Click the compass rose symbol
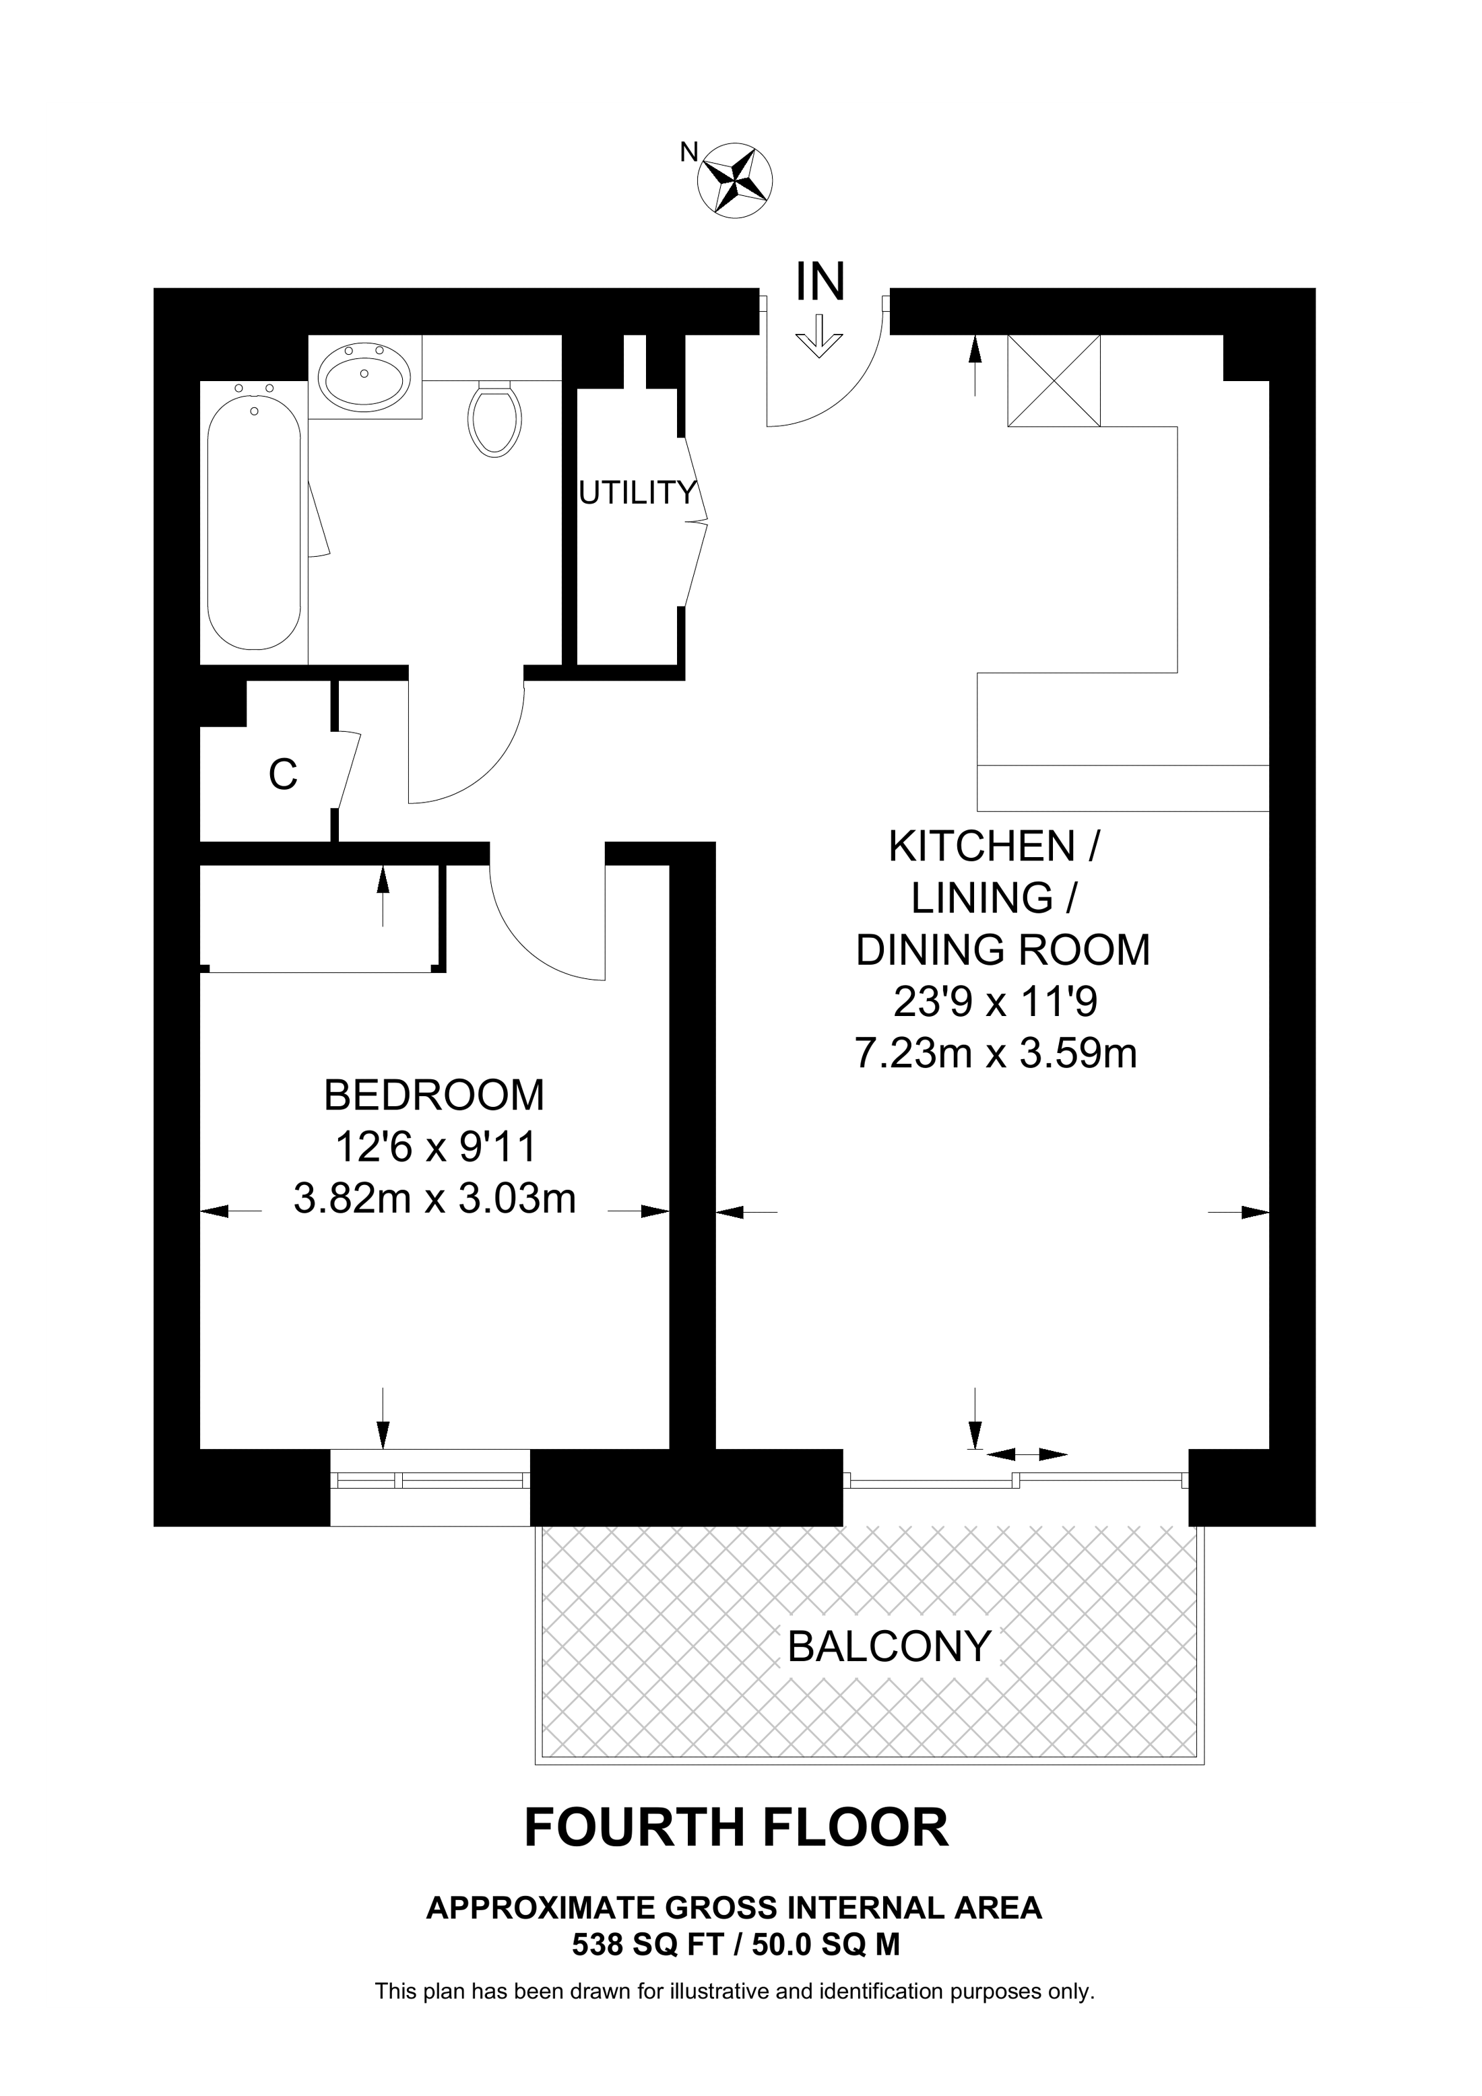coord(735,180)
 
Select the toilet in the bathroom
coord(494,418)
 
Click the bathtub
coord(254,516)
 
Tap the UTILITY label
coord(637,493)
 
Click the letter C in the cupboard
coord(283,775)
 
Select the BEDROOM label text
coord(434,1095)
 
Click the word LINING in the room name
coord(981,898)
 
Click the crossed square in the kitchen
coord(1054,380)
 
